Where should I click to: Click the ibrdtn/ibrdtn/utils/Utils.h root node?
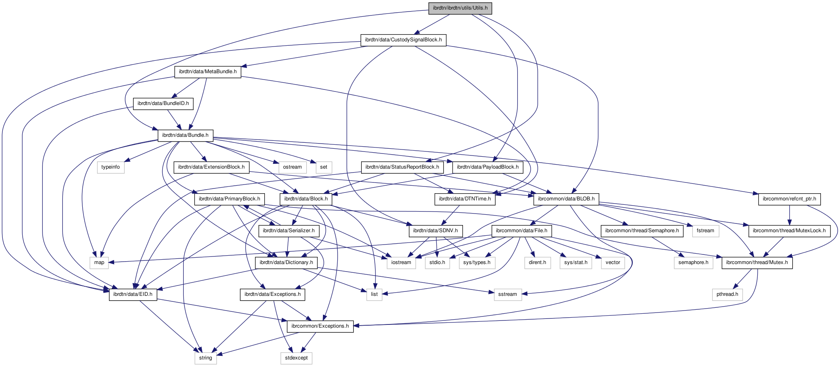pos(460,8)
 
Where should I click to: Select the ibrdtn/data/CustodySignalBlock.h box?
pos(403,40)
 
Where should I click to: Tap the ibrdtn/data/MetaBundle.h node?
pos(208,72)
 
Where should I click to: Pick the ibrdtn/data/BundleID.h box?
pos(163,103)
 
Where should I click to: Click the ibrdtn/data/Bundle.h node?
pos(185,135)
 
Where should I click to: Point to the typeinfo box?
pos(111,167)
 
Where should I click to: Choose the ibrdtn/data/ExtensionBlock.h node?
pos(211,167)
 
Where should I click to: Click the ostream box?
pos(292,167)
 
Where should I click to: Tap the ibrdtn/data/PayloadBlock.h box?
pos(488,167)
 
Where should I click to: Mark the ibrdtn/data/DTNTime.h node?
pos(465,199)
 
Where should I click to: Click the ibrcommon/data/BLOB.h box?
pos(566,199)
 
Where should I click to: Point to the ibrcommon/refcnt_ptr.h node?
pos(789,199)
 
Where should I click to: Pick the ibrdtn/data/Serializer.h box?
pos(289,231)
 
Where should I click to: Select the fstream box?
pos(706,231)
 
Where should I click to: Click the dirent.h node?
pos(537,262)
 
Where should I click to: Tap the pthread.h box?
pos(727,294)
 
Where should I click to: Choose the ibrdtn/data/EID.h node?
pos(133,294)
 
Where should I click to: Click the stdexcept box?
pos(296,358)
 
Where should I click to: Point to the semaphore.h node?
pos(693,262)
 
